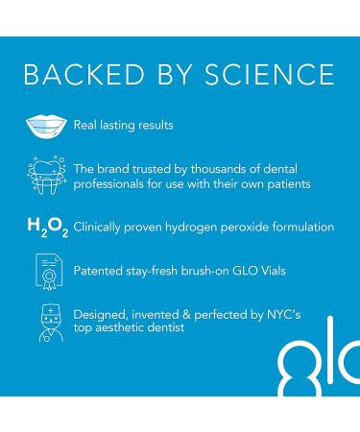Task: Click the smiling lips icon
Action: [x=45, y=126]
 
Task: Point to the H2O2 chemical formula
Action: [x=43, y=228]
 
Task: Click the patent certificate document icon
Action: [x=45, y=272]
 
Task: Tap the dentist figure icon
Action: [x=45, y=323]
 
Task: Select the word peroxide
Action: [x=253, y=228]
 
